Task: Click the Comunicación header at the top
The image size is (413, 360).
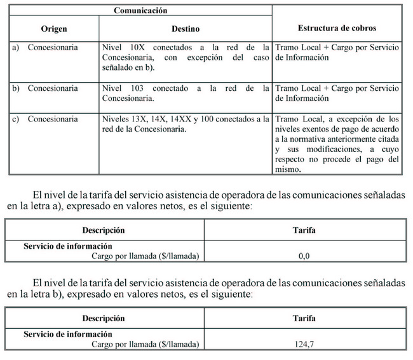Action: point(140,10)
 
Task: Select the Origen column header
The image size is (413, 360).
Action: point(54,29)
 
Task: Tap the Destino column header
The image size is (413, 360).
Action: point(185,29)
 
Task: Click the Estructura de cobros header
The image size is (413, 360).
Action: point(337,29)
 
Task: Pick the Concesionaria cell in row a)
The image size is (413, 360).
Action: point(53,48)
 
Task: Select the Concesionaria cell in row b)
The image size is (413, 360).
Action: point(53,88)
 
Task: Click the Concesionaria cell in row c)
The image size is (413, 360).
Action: point(53,119)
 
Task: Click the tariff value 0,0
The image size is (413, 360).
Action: point(303,256)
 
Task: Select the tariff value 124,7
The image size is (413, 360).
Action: point(304,344)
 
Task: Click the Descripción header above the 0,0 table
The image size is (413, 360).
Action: point(104,230)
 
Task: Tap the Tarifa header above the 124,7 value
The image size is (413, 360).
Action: point(304,318)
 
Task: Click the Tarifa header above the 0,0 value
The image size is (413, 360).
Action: point(304,230)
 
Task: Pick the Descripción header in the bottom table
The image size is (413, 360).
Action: point(104,318)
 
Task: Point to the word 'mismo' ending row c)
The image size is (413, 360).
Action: point(289,170)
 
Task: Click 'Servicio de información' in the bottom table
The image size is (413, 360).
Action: point(68,334)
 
